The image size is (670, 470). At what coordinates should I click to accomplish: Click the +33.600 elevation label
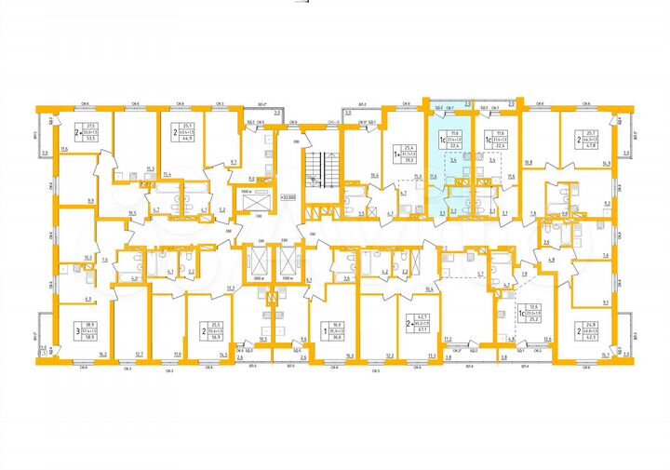[x=288, y=196]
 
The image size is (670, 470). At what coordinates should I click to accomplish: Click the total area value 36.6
[x=333, y=337]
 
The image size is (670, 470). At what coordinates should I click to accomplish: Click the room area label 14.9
[x=606, y=164]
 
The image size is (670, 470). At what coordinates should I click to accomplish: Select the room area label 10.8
[x=528, y=164]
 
